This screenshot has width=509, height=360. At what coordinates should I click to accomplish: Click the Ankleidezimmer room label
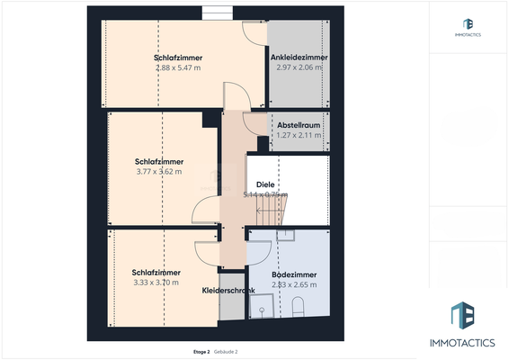[x=299, y=57]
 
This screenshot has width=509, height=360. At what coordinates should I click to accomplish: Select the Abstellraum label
[x=299, y=125]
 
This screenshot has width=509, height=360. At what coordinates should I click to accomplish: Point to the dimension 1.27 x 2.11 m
[x=299, y=135]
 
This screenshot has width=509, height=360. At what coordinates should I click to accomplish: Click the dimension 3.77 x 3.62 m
[x=158, y=171]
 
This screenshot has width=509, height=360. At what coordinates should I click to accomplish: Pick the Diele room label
[x=264, y=184]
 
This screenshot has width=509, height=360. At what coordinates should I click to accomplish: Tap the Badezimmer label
[x=294, y=274]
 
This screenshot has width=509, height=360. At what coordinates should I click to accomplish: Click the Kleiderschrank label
[x=228, y=290]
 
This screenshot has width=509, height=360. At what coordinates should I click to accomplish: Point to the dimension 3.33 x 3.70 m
[x=156, y=283]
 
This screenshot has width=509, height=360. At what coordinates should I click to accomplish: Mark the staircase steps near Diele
[x=269, y=214]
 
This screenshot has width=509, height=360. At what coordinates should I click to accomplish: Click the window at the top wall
[x=216, y=12]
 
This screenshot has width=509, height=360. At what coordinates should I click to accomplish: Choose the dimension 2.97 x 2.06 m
[x=299, y=67]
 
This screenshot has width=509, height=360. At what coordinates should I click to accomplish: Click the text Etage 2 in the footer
[x=201, y=351]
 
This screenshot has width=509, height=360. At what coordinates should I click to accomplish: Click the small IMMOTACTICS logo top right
[x=468, y=24]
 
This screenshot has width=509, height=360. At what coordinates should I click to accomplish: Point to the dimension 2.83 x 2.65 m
[x=294, y=284]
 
